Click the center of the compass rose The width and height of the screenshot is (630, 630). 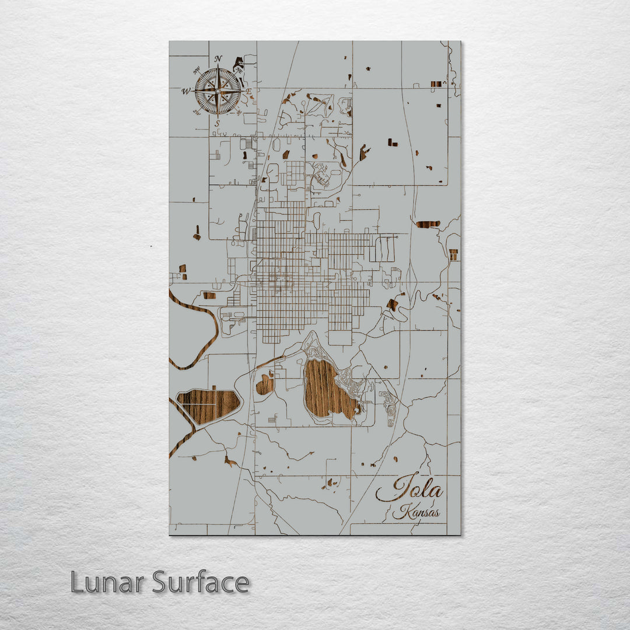point(218,91)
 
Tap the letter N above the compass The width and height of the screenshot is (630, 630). point(218,59)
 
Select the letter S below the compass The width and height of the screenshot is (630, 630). point(217,124)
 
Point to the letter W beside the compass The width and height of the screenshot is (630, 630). point(185,91)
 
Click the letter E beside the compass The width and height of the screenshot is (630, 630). point(249,92)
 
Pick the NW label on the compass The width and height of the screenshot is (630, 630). point(195,70)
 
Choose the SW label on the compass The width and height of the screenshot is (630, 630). point(197,113)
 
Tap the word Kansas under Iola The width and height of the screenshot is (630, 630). point(416,513)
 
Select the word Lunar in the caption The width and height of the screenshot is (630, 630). point(108,582)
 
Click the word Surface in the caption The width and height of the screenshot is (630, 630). point(201,582)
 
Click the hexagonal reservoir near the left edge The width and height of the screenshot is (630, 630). point(208,405)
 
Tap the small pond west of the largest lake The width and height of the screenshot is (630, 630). point(265,384)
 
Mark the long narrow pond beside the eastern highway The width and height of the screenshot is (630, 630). point(428,224)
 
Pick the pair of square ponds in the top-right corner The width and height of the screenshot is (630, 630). point(436,84)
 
